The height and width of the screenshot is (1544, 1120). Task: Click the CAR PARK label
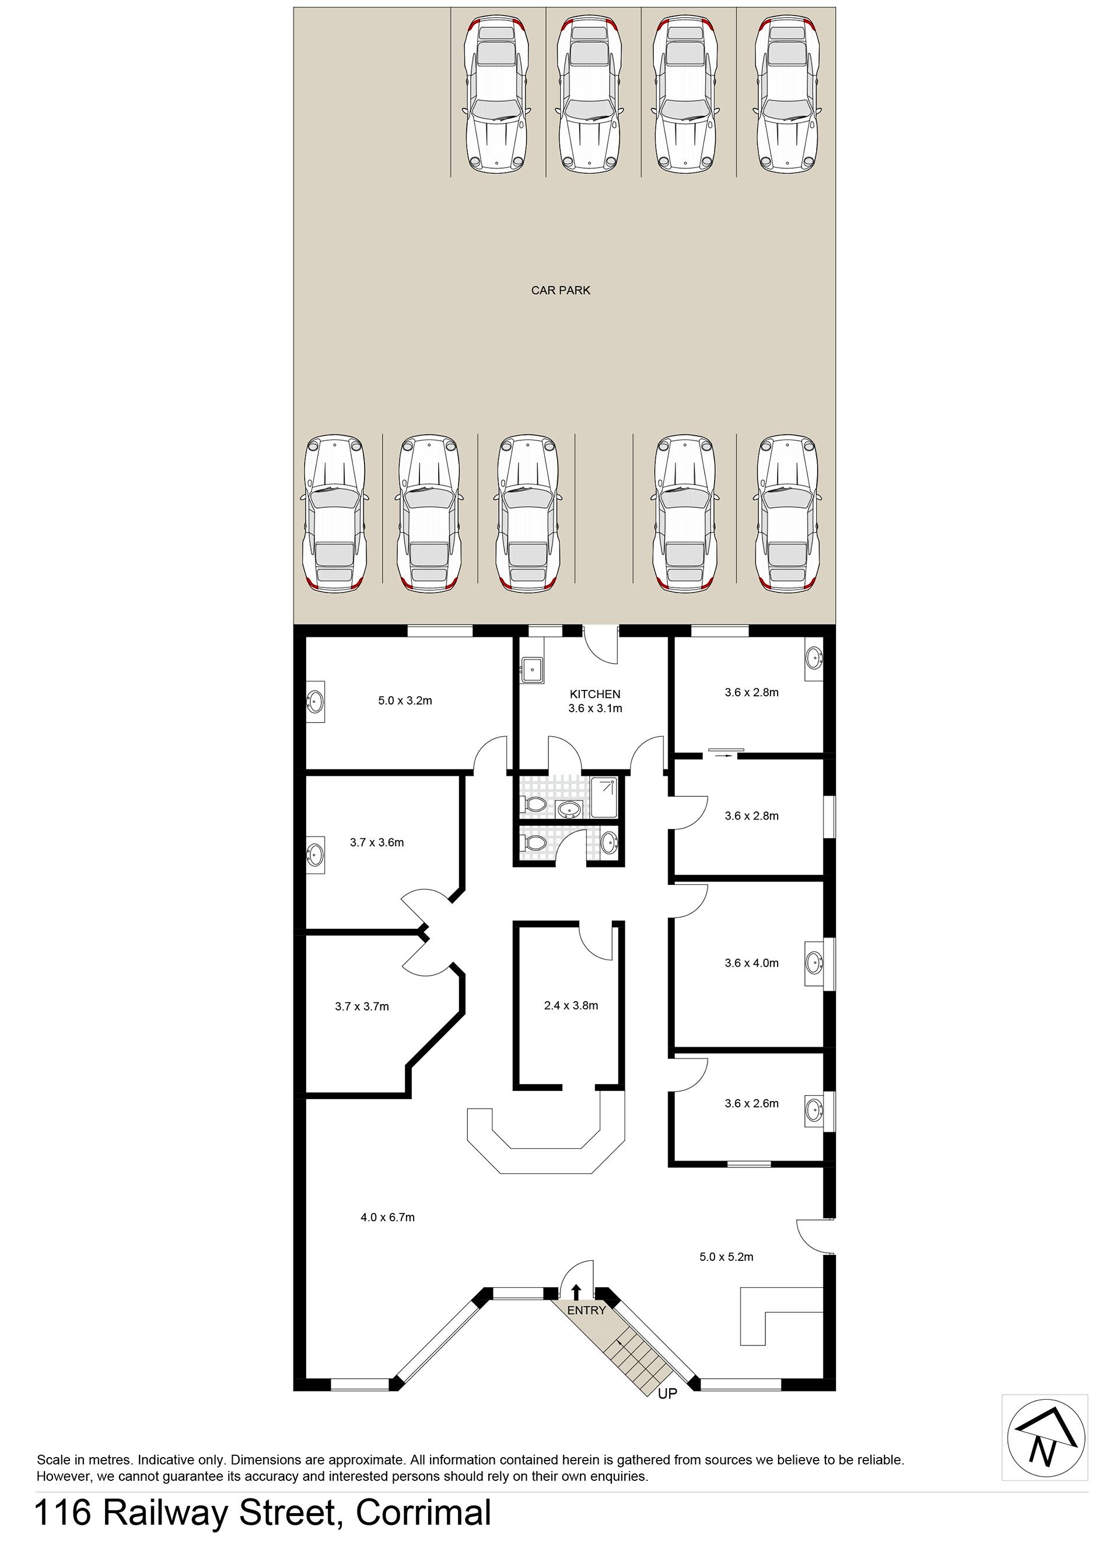pos(560,290)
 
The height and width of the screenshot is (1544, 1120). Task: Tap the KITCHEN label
pos(594,693)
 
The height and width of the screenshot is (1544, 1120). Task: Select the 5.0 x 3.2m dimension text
pos(405,700)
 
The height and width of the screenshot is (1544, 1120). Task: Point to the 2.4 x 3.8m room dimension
pos(571,1005)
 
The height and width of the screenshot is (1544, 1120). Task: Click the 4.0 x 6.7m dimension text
pos(387,1217)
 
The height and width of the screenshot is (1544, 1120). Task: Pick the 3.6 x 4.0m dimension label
pos(751,963)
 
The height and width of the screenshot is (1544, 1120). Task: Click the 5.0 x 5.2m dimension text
pos(726,1256)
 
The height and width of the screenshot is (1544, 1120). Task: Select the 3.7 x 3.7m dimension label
pos(361,1006)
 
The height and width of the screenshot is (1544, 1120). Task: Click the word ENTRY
pos(586,1310)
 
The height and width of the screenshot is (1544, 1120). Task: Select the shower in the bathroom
pos(605,796)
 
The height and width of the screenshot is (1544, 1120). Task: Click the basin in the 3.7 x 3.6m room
pos(314,853)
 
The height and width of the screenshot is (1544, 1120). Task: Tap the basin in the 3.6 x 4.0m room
pos(813,963)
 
